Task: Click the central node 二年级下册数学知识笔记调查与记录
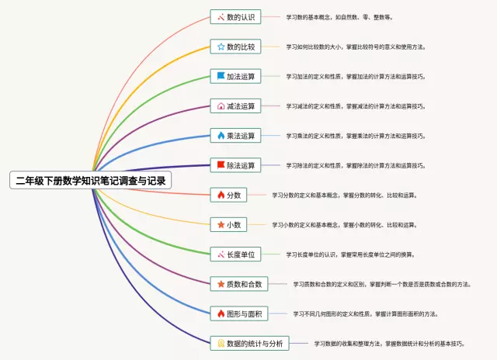pos(91,180)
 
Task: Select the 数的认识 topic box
pos(236,17)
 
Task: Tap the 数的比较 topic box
pos(236,47)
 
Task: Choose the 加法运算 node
pos(236,76)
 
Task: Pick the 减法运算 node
pos(236,106)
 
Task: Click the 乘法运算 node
pos(236,136)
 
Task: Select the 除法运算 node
pos(236,165)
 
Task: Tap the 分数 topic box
pos(229,195)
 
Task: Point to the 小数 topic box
pos(229,224)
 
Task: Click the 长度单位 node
pos(236,254)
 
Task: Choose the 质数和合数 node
pos(240,284)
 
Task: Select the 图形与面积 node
pos(240,313)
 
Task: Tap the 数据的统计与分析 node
pos(250,343)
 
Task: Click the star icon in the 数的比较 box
pos(221,47)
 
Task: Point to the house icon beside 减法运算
pos(221,106)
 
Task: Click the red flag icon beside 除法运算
pos(221,165)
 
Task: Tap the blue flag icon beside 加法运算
pos(221,76)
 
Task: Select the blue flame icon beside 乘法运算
pos(221,136)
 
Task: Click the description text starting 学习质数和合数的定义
pos(381,284)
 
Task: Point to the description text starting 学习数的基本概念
pos(339,17)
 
